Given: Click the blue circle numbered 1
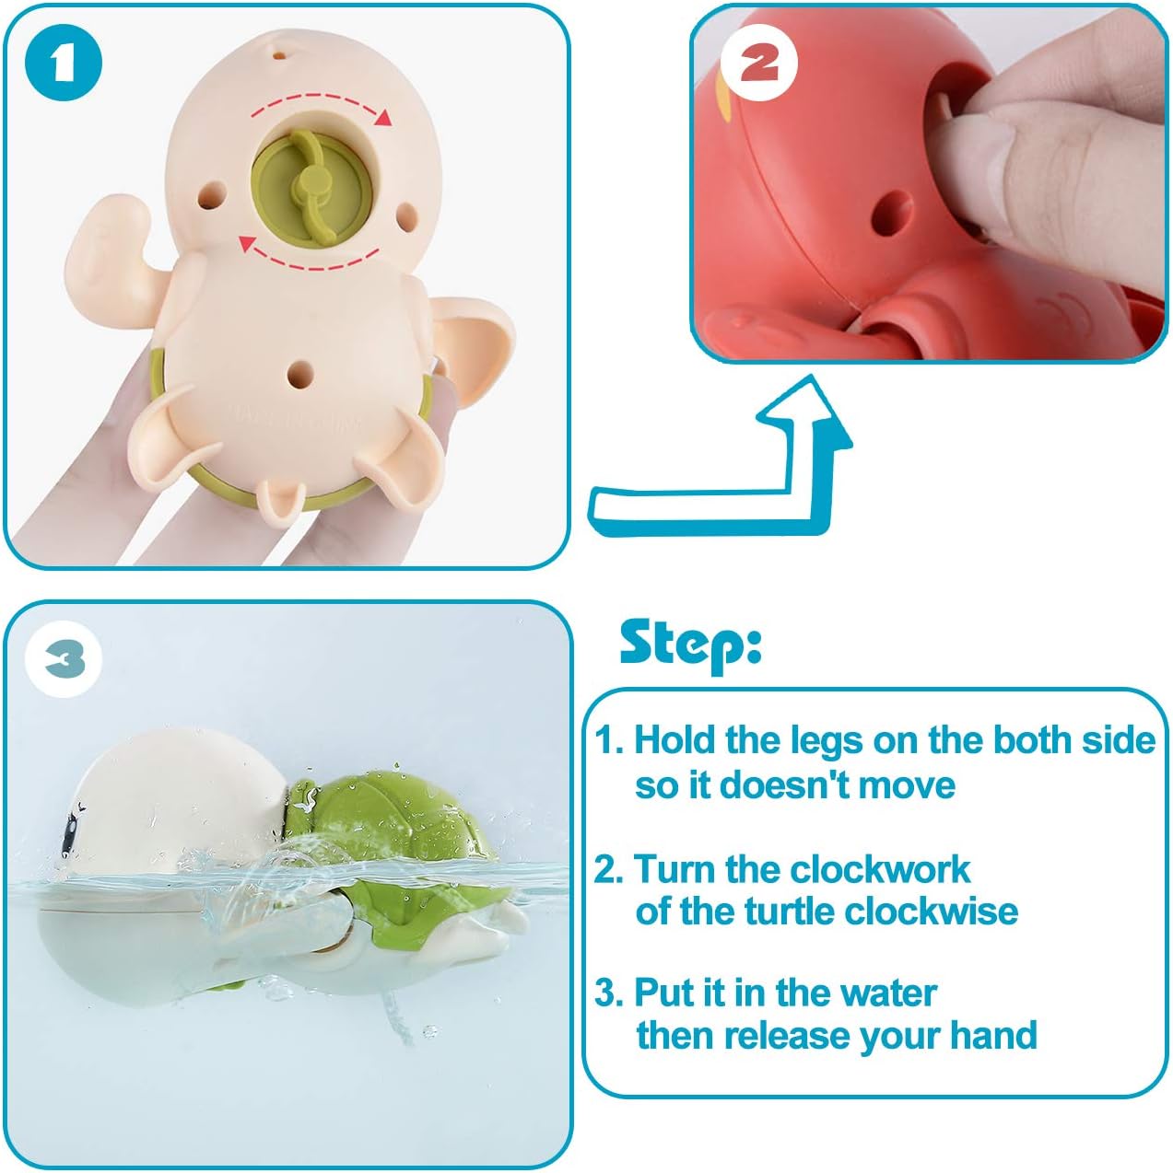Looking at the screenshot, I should coord(63,63).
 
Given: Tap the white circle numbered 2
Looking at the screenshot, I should coord(759,64).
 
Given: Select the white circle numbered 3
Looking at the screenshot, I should coord(64,659).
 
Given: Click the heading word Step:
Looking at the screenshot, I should coord(690,645).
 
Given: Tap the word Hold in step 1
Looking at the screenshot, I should coord(674,740).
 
